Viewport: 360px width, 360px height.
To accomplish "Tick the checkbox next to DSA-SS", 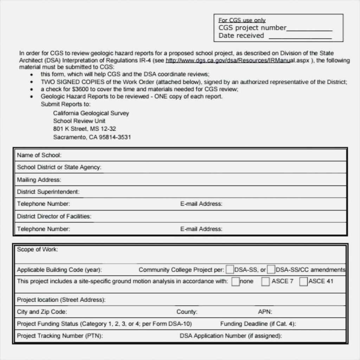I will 230,270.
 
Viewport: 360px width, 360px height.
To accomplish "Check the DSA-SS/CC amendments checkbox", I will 271,270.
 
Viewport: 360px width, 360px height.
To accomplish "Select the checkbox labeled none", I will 236,281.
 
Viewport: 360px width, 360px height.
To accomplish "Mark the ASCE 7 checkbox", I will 265,281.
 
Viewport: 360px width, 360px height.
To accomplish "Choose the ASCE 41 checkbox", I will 303,281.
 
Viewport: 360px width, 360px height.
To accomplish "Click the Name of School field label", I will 39,155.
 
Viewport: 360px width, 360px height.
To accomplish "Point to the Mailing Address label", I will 39,180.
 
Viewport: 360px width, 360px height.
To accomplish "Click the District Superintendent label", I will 48,192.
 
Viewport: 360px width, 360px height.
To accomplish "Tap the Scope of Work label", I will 37,250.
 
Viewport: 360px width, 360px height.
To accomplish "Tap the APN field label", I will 265,312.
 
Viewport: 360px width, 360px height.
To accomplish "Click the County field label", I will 187,312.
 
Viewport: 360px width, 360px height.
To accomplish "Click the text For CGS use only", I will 242,20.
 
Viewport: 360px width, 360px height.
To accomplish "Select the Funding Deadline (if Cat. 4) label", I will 258,324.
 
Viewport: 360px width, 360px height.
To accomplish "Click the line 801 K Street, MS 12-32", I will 84,129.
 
